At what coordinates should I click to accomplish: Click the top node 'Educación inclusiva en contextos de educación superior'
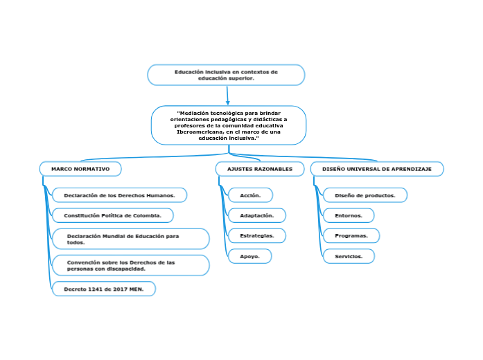(x=226, y=75)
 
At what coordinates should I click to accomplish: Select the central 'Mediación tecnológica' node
(x=229, y=125)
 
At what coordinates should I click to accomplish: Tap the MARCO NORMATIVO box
(x=80, y=169)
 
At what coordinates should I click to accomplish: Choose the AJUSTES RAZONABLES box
(x=255, y=169)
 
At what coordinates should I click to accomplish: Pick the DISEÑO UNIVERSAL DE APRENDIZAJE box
(x=376, y=169)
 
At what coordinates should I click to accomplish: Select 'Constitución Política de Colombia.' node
(x=113, y=215)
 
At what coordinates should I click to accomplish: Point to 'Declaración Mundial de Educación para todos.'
(x=130, y=239)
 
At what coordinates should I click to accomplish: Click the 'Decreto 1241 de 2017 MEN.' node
(x=104, y=289)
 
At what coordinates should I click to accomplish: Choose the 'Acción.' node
(x=250, y=195)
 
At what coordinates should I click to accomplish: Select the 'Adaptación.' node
(x=256, y=215)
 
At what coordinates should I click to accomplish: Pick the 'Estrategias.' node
(x=256, y=236)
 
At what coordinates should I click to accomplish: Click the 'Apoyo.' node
(x=249, y=256)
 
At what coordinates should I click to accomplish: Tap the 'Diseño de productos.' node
(x=365, y=195)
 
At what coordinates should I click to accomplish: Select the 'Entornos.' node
(x=349, y=215)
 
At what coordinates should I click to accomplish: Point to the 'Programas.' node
(x=351, y=236)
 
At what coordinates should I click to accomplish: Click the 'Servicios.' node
(x=349, y=256)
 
